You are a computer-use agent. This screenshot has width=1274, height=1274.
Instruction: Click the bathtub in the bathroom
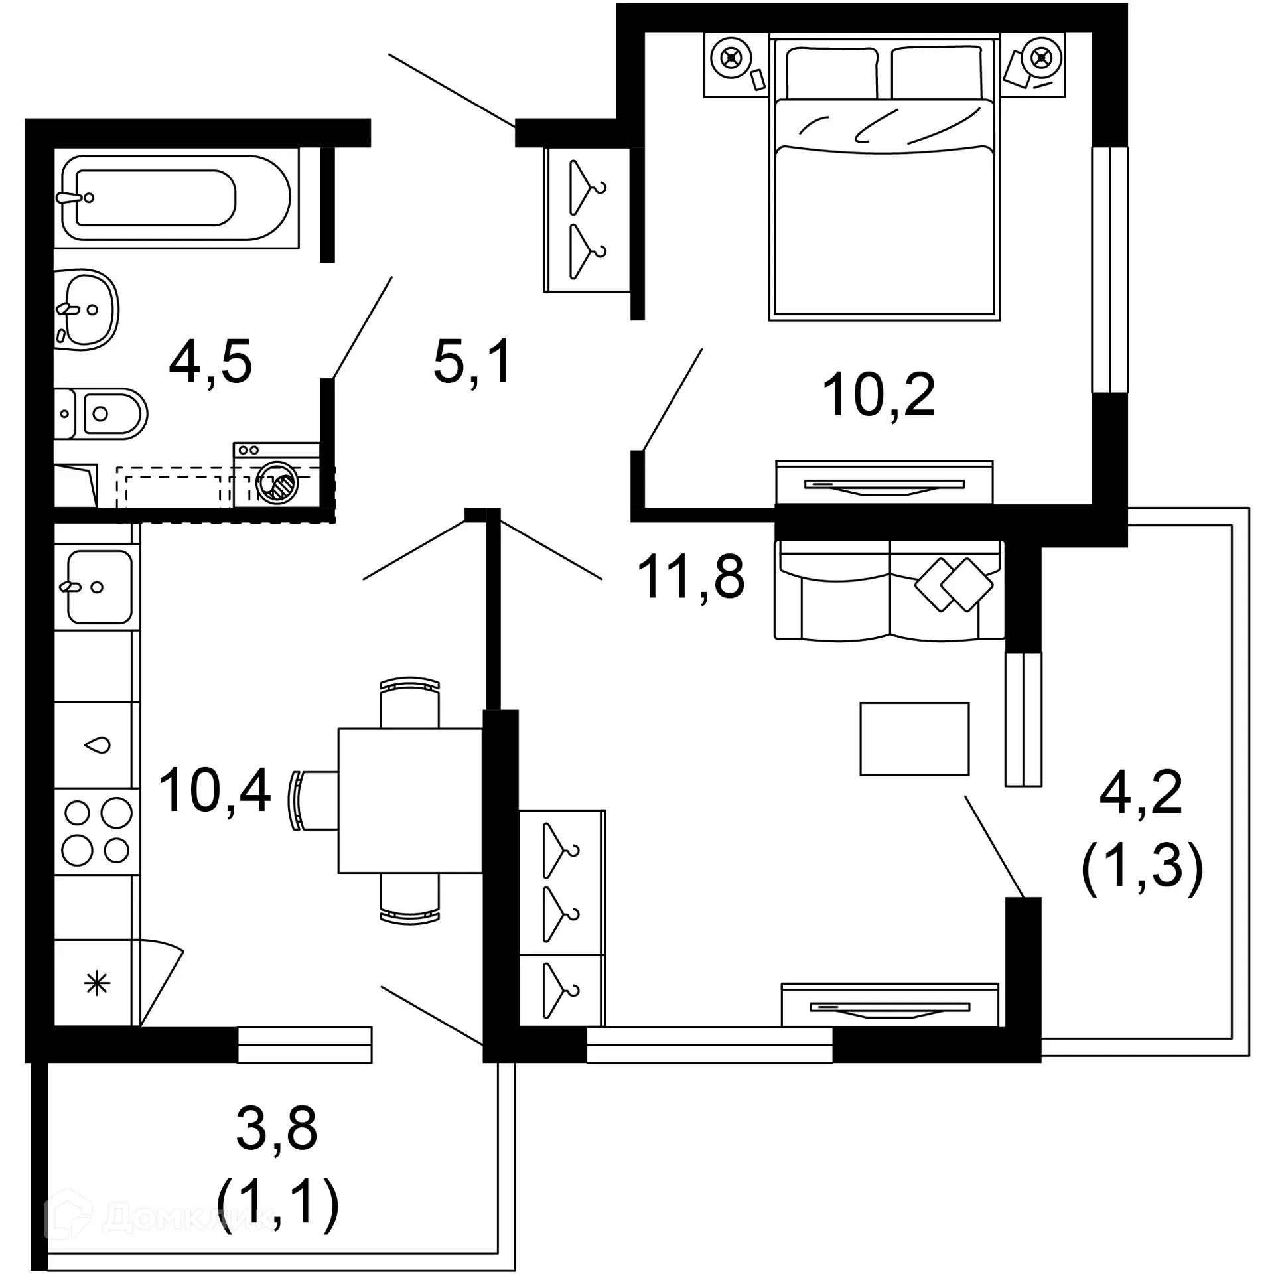pos(176,198)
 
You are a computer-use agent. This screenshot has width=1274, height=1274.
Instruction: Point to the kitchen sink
pos(98,587)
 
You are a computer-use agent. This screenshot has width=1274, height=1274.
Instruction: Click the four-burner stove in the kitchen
pos(97,831)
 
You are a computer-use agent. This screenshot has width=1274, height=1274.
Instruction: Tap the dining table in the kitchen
pos(410,800)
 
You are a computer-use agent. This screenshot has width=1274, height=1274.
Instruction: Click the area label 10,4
pos(214,790)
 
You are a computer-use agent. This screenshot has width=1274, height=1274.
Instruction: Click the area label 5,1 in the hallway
pos(472,362)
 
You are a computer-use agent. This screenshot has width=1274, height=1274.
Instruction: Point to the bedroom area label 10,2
pos(878,395)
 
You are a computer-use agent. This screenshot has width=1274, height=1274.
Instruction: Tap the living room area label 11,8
pos(690,577)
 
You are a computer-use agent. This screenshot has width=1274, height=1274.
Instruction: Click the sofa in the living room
pos(889,591)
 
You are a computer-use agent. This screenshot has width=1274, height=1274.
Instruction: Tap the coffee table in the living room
pos(914,739)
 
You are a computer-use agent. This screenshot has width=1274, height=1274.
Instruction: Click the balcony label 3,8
pos(277,1128)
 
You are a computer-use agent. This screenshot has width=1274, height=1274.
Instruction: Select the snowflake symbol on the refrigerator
pos(97,983)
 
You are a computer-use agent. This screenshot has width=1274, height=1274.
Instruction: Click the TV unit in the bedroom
pos(884,483)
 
